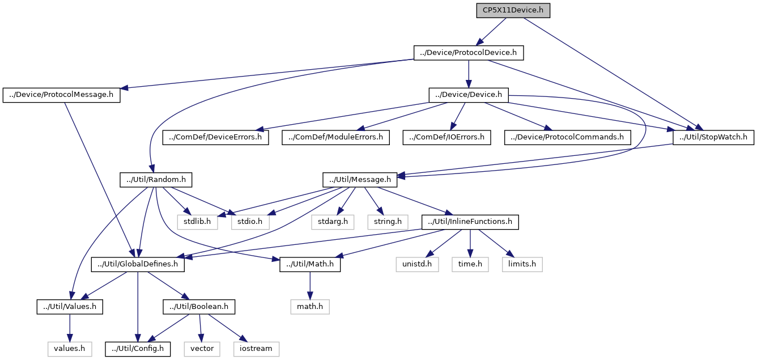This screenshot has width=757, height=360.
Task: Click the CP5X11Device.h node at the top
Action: (x=513, y=11)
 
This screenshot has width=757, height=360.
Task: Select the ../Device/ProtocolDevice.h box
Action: (x=468, y=53)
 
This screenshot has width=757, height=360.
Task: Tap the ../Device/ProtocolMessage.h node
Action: (x=62, y=95)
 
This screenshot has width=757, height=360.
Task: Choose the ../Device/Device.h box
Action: (x=468, y=95)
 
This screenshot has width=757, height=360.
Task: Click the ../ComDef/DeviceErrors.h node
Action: (x=216, y=137)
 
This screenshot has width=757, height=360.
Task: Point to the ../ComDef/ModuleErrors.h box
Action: (x=336, y=137)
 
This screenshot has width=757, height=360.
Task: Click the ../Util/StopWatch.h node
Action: (x=713, y=137)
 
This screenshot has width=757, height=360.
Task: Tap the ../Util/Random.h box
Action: (x=156, y=180)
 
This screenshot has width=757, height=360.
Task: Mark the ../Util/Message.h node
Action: (x=360, y=180)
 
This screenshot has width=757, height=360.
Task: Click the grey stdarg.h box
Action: (x=333, y=221)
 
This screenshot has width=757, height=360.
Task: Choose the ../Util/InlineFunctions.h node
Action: (x=470, y=221)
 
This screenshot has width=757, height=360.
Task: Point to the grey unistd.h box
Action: (x=417, y=264)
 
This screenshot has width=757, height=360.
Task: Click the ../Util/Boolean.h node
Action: (x=199, y=307)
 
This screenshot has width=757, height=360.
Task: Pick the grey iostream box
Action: (x=257, y=348)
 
